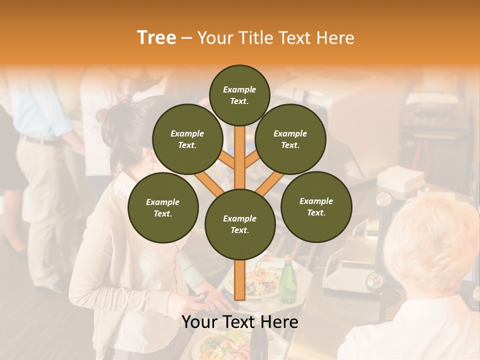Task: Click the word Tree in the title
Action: click(x=156, y=38)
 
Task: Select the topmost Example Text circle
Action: click(x=239, y=95)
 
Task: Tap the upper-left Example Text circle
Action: click(x=187, y=139)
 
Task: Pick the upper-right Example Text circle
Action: click(x=290, y=139)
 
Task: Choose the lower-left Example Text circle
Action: click(x=163, y=208)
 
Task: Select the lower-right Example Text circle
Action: click(x=316, y=207)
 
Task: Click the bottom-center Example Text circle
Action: click(x=240, y=224)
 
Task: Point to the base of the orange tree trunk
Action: click(x=240, y=295)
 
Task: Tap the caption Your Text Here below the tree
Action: click(x=240, y=322)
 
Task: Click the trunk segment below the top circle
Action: click(x=240, y=150)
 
